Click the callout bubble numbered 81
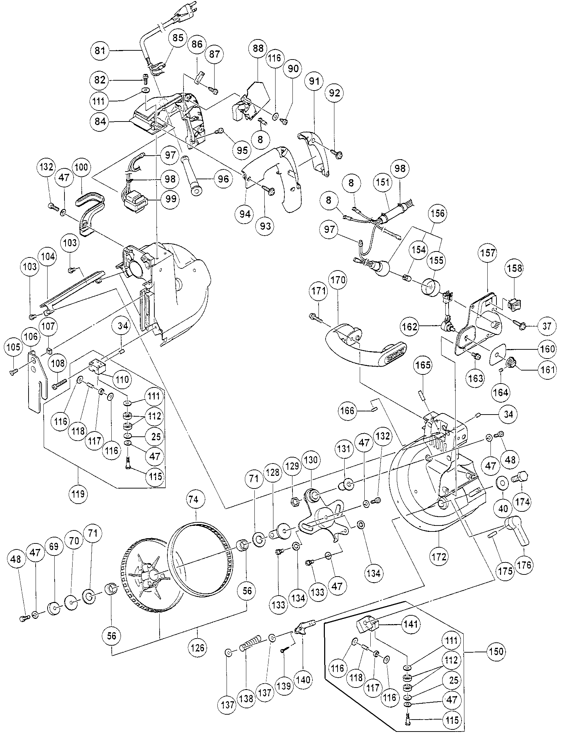coord(100,51)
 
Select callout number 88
coord(258,48)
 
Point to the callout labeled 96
coord(223,179)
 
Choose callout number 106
coord(31,336)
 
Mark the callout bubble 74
coord(193,499)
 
